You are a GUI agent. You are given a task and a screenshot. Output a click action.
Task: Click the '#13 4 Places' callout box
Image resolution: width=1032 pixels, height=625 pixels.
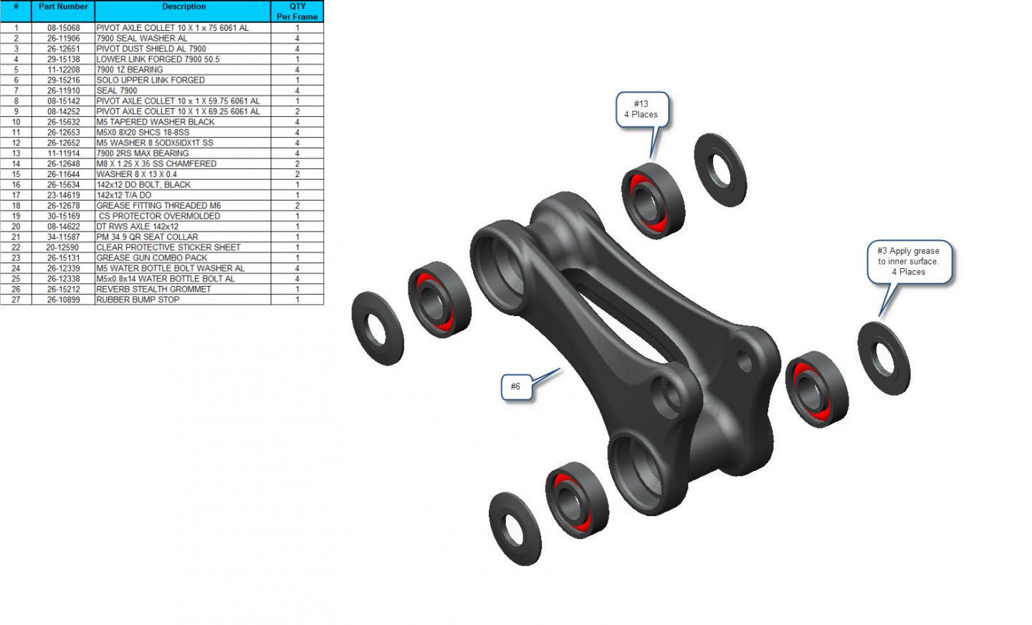click(x=642, y=110)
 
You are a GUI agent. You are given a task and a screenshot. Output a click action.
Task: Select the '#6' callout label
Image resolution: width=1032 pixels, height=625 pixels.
click(x=516, y=386)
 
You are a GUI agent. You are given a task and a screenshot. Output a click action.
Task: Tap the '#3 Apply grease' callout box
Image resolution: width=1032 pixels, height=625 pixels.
click(x=909, y=262)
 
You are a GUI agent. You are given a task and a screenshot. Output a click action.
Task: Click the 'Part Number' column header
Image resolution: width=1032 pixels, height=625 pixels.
click(x=63, y=6)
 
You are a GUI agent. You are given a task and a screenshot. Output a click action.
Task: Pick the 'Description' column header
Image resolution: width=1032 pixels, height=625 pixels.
click(x=183, y=6)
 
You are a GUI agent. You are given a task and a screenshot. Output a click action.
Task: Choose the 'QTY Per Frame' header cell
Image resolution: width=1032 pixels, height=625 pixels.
click(x=297, y=11)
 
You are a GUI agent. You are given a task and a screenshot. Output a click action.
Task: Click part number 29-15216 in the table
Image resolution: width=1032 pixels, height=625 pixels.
click(x=64, y=80)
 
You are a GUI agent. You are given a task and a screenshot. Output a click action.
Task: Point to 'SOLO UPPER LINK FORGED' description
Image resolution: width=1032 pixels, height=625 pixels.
click(x=150, y=80)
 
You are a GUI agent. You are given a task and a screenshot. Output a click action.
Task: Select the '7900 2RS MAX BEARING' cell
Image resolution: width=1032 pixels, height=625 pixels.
click(x=143, y=153)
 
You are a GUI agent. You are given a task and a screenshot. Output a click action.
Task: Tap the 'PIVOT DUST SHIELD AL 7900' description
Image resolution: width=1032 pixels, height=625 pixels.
click(x=151, y=49)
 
